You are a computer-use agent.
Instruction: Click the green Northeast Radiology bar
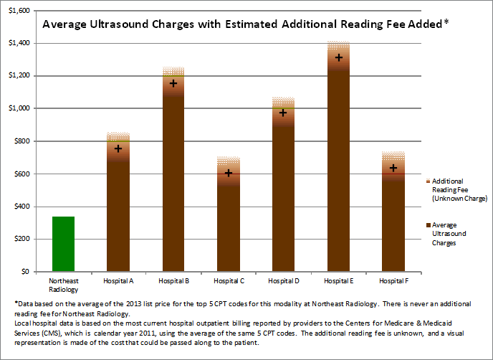point(62,244)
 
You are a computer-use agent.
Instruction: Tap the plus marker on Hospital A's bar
point(118,148)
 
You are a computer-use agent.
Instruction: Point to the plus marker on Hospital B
point(173,83)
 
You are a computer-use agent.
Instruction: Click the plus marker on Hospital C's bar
point(229,173)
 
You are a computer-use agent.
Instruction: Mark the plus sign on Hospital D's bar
point(283,113)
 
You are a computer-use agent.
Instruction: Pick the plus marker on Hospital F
point(393,168)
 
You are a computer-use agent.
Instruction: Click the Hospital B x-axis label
point(173,280)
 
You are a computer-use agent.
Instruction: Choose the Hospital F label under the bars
point(393,280)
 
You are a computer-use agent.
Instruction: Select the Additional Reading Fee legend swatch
point(427,181)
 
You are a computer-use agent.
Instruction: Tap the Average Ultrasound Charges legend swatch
point(427,226)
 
